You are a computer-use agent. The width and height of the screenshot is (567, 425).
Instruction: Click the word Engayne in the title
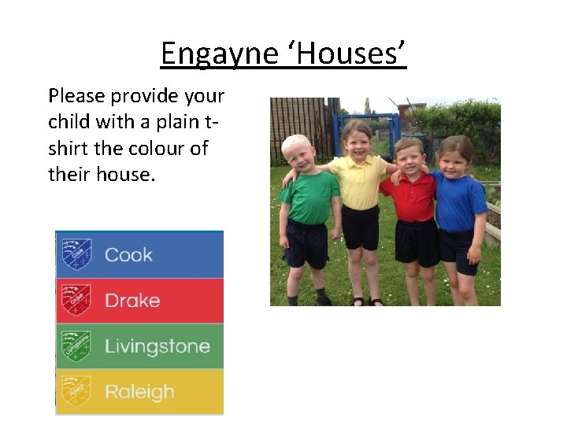click(220, 54)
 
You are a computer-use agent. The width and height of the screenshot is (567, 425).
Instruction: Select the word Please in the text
click(76, 96)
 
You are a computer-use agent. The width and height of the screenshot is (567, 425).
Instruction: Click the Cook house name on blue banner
click(128, 255)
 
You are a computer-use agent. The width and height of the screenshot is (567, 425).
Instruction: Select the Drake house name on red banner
click(132, 301)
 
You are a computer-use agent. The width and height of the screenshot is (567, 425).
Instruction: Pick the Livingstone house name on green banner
click(157, 346)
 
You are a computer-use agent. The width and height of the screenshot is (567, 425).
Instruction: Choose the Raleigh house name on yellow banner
click(139, 391)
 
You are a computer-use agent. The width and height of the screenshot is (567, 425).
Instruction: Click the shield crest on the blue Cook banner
click(76, 254)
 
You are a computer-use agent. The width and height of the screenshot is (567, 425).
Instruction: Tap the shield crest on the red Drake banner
click(76, 300)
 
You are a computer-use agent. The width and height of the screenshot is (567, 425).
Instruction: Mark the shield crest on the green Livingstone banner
click(76, 346)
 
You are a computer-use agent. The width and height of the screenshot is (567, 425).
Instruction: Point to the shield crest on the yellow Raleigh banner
click(76, 391)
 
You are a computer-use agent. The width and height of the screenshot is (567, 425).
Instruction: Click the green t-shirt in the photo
click(309, 198)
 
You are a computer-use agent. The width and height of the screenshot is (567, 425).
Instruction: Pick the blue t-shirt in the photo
click(459, 201)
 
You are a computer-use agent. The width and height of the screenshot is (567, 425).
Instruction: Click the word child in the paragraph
click(69, 122)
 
